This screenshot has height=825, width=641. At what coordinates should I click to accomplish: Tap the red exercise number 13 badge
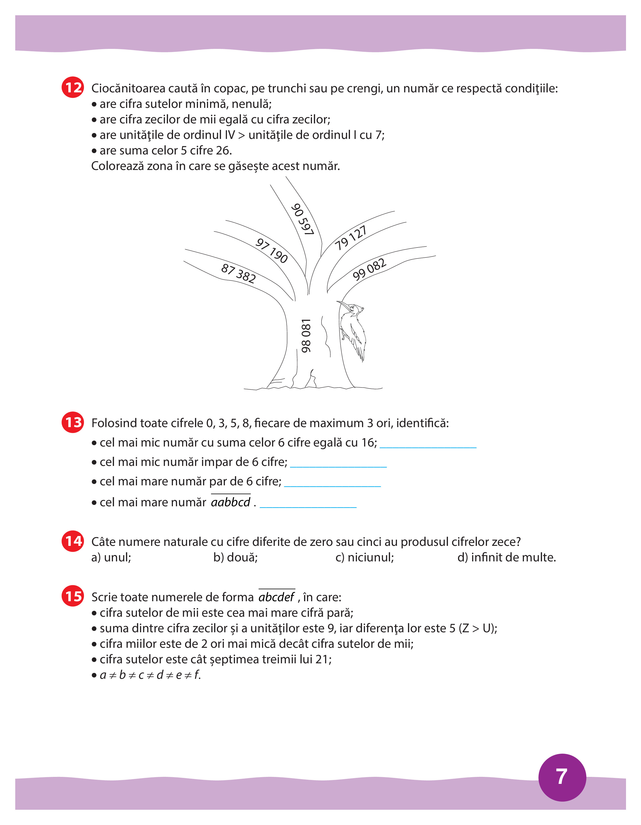[x=73, y=422]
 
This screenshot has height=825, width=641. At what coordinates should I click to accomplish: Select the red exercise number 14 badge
[x=73, y=541]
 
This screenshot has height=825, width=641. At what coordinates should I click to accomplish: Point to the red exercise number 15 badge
[x=73, y=596]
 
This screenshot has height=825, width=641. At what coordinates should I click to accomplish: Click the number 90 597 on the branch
[x=302, y=219]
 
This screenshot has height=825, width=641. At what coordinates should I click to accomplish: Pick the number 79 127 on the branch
[x=350, y=238]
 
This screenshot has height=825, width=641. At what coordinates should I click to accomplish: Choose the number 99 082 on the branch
[x=369, y=269]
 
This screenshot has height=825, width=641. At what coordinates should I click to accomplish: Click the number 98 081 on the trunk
[x=306, y=336]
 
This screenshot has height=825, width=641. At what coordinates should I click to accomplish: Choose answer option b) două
[x=235, y=558]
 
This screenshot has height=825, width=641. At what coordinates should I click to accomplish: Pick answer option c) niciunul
[x=364, y=558]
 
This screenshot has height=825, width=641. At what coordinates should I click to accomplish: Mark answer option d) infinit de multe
[x=506, y=558]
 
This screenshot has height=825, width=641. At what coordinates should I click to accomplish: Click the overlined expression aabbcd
[x=231, y=502]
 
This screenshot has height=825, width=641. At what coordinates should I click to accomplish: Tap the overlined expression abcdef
[x=276, y=597]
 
